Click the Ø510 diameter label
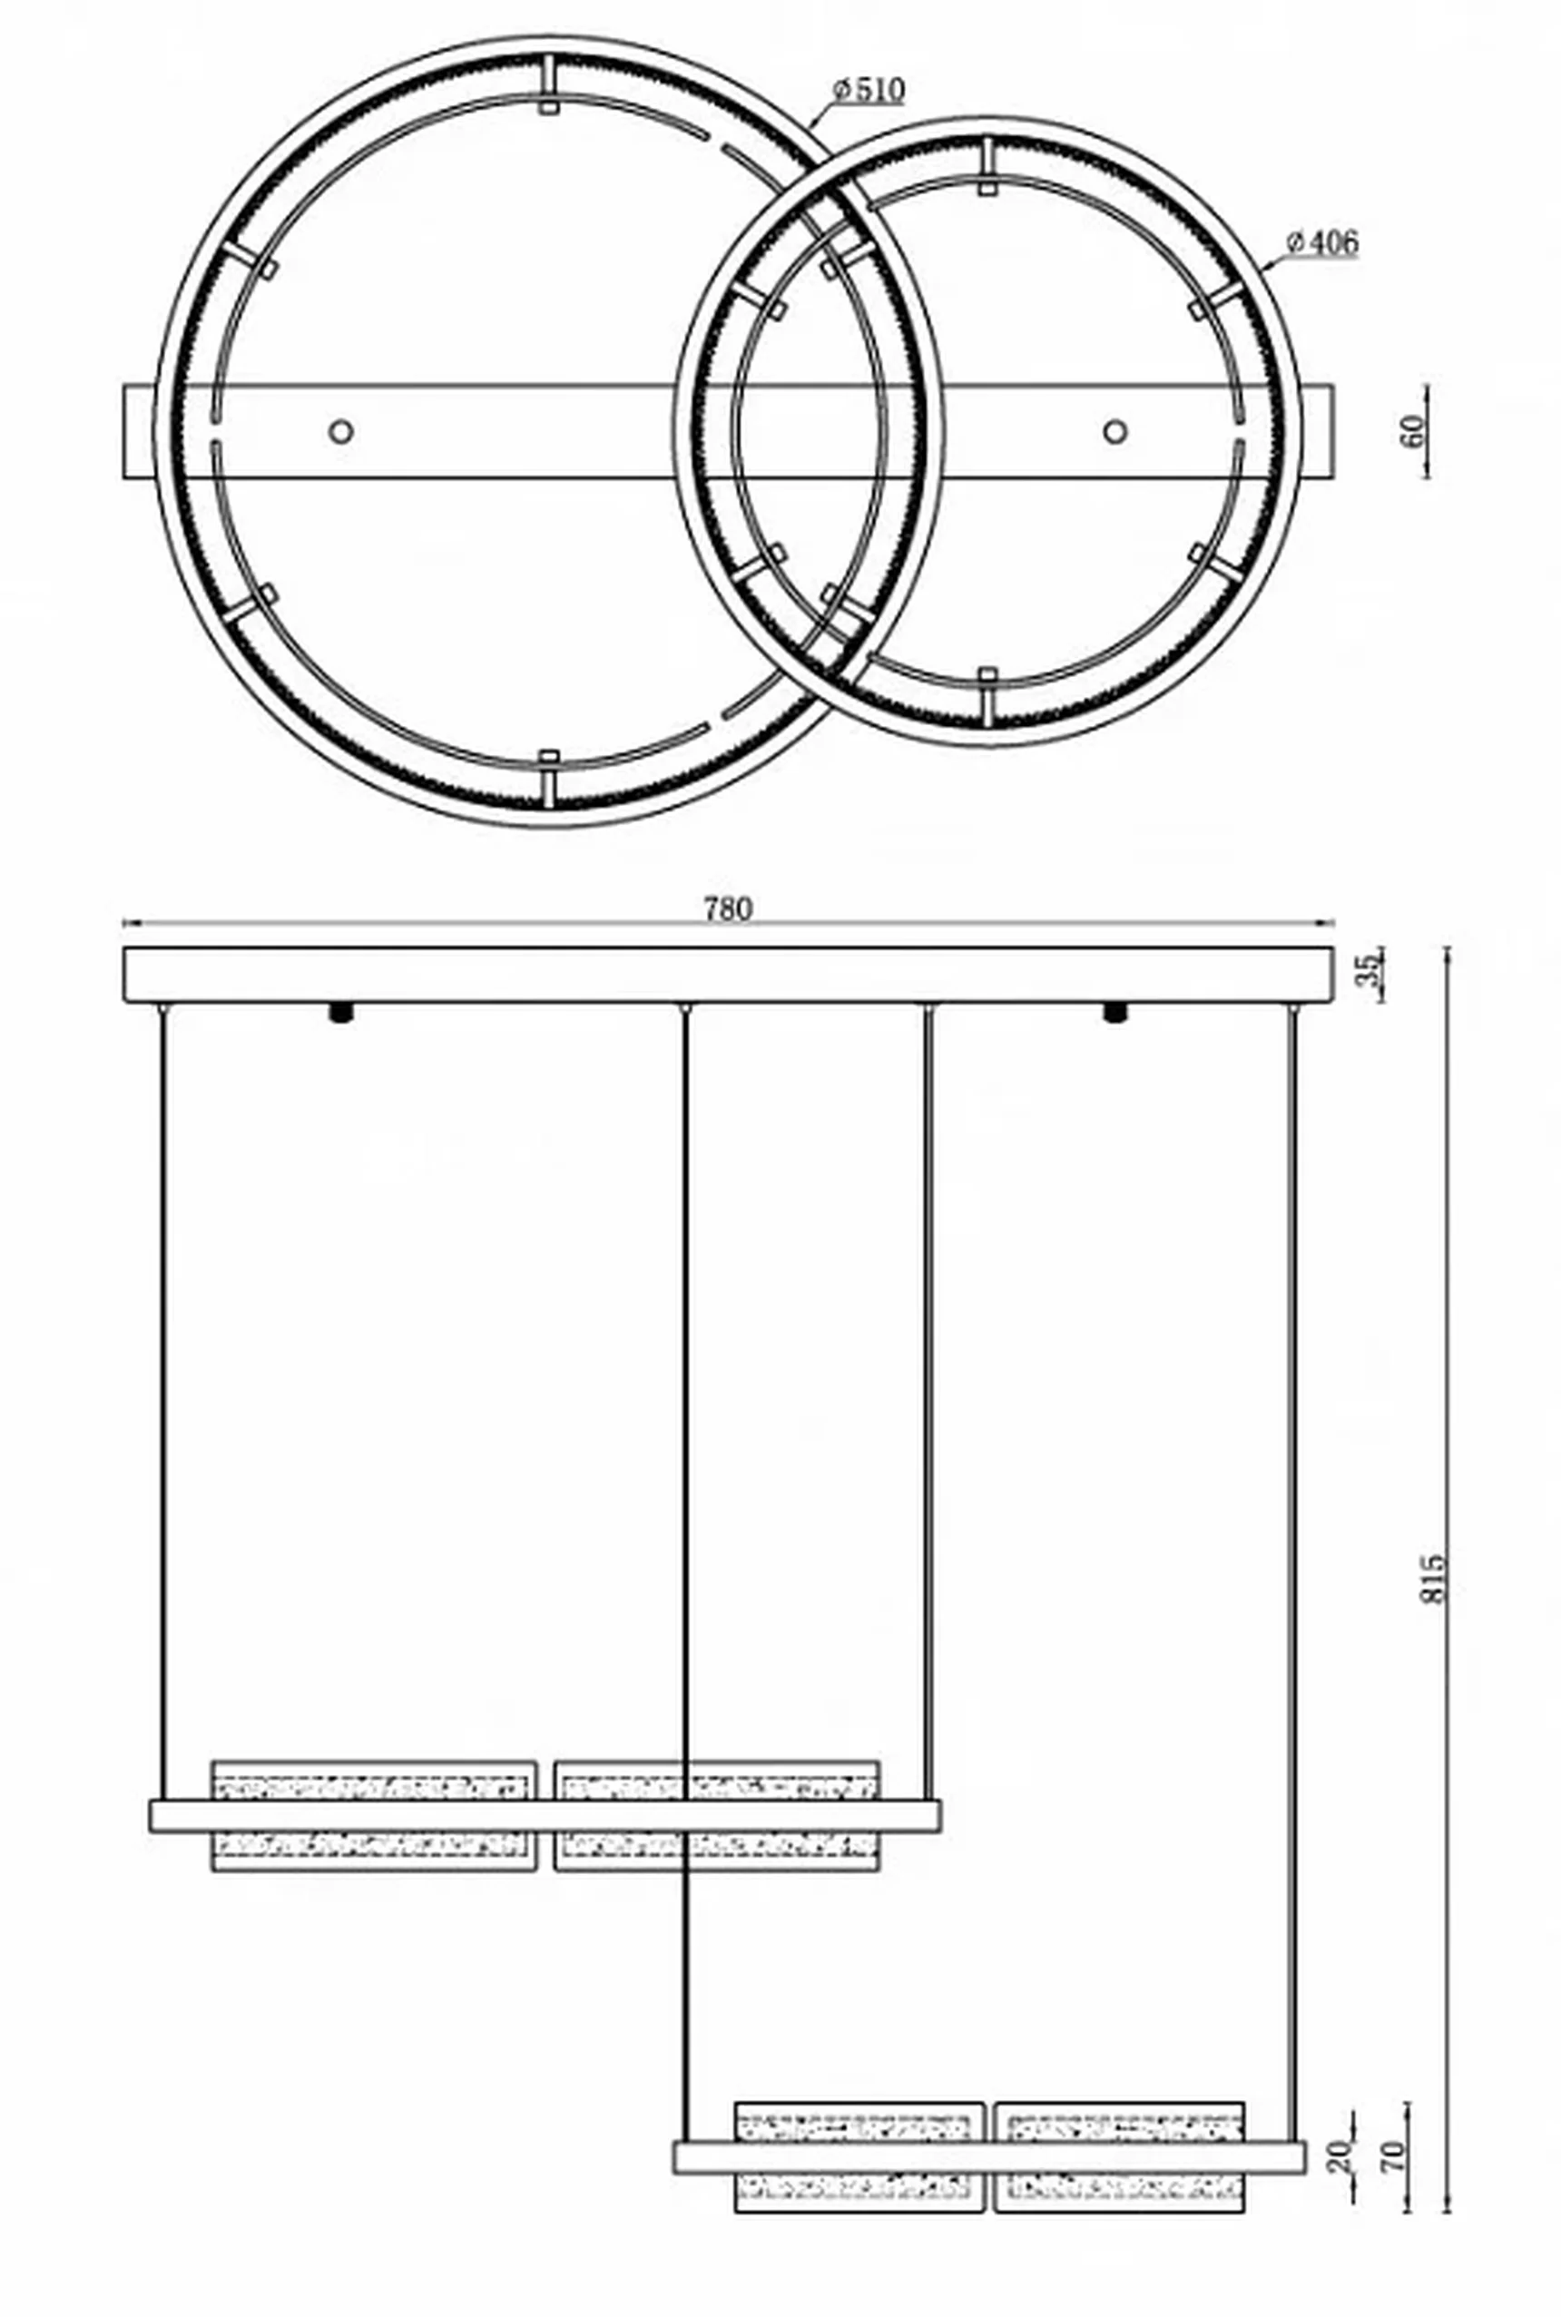click(869, 91)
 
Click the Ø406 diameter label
click(1322, 241)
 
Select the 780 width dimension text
click(728, 908)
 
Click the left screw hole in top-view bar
click(341, 431)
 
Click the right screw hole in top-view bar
click(1115, 431)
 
